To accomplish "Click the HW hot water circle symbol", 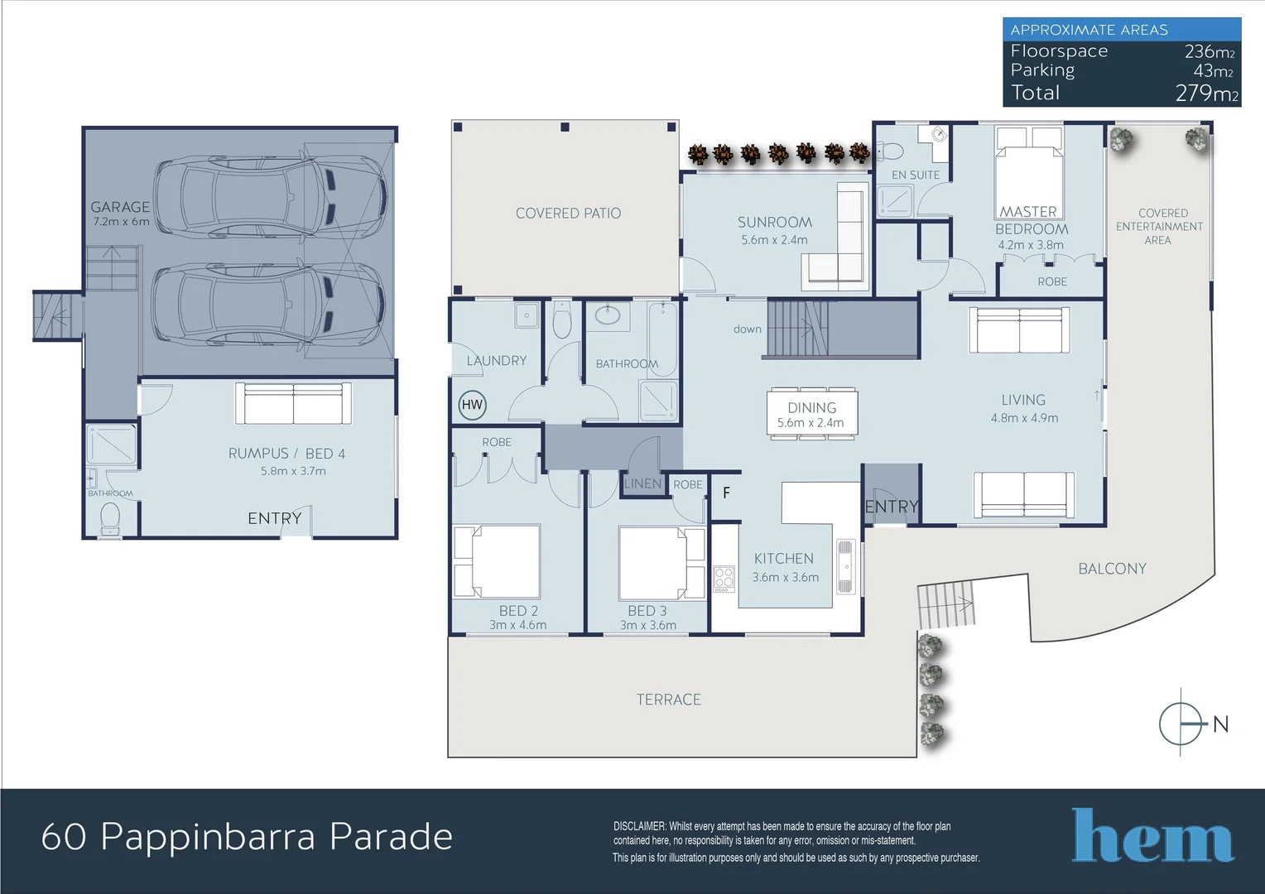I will [x=472, y=405].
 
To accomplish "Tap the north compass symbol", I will [x=1181, y=723].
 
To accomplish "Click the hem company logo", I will [x=1152, y=836].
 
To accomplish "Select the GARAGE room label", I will [x=120, y=207].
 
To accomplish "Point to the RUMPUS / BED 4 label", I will [x=286, y=454].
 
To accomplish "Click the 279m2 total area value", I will [x=1206, y=94].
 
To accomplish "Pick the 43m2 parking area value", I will [x=1213, y=71].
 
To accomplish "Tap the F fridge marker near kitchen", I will [x=726, y=493].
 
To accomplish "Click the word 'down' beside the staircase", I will [x=747, y=329].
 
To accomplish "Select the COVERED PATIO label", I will [x=568, y=214].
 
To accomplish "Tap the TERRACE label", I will [x=668, y=700].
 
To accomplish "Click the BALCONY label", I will [x=1112, y=569].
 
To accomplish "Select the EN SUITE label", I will [x=915, y=175].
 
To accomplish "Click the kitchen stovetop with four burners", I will [x=724, y=579].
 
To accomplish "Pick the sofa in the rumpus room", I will [x=293, y=403].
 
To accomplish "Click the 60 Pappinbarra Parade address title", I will [x=247, y=837].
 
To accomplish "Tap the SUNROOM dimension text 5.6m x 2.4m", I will [x=774, y=240].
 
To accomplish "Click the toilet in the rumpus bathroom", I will [x=110, y=519].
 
